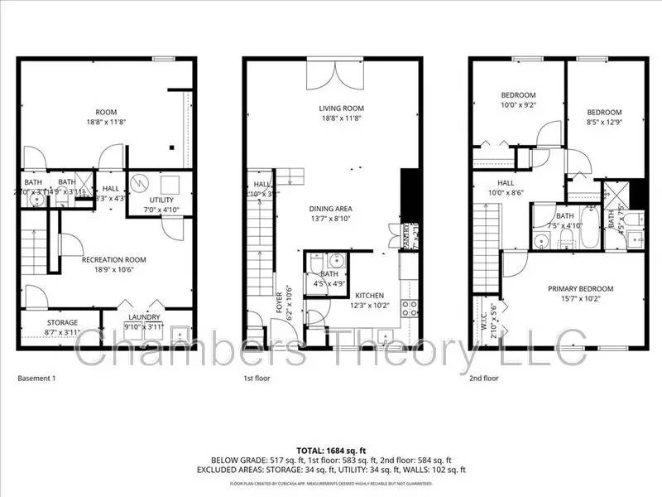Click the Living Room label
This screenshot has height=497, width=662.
click(342, 108)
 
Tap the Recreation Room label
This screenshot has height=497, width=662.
click(113, 259)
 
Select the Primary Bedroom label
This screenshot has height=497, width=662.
click(581, 288)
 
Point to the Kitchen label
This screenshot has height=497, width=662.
click(368, 295)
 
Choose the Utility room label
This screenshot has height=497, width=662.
click(161, 201)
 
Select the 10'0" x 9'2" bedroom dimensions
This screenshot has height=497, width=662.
click(518, 105)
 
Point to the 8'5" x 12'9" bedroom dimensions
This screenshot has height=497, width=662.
click(604, 123)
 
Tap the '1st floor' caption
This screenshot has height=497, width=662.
click(258, 378)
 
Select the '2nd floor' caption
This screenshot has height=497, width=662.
click(484, 378)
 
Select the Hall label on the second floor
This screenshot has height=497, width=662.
click(507, 183)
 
